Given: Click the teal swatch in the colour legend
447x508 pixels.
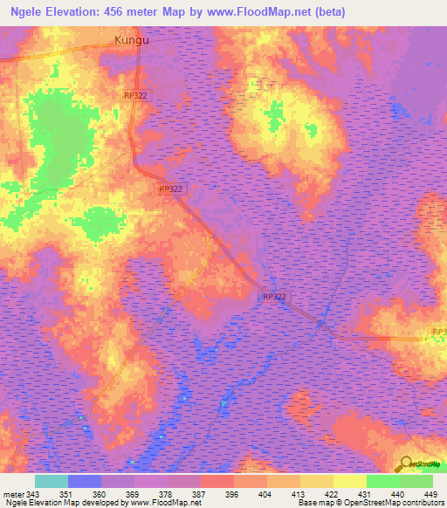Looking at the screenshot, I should click(52, 481).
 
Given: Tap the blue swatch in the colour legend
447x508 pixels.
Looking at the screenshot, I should click(85, 481).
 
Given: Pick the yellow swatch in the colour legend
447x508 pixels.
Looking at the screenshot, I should click(350, 481).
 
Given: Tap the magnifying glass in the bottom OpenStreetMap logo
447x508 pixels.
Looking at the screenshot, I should click(406, 463).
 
